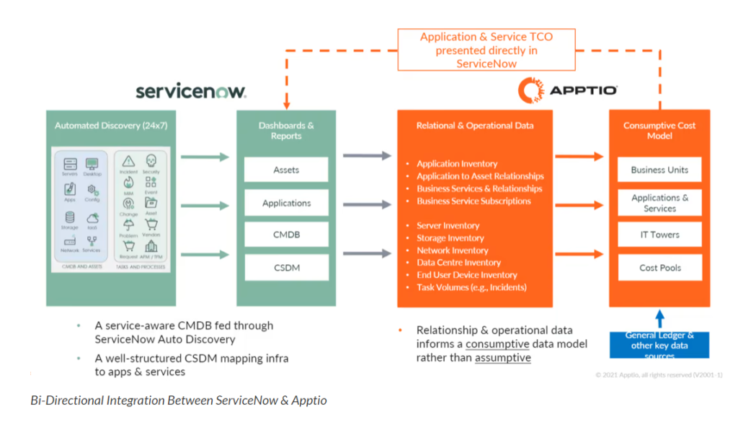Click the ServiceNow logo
point(191,91)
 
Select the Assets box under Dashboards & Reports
point(286,170)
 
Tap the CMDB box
point(286,235)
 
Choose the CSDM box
point(286,268)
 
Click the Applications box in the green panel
point(286,203)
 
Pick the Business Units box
point(659,170)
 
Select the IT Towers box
point(659,235)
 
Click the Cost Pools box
point(659,268)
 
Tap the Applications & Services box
point(659,203)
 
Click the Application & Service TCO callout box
point(486,50)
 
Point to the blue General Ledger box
point(659,345)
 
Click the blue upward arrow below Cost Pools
point(659,318)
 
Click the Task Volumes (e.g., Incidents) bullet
point(471,287)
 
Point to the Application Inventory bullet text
point(457,164)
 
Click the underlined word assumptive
point(502,357)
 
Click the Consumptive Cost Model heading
point(659,130)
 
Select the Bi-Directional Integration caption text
point(179,400)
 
